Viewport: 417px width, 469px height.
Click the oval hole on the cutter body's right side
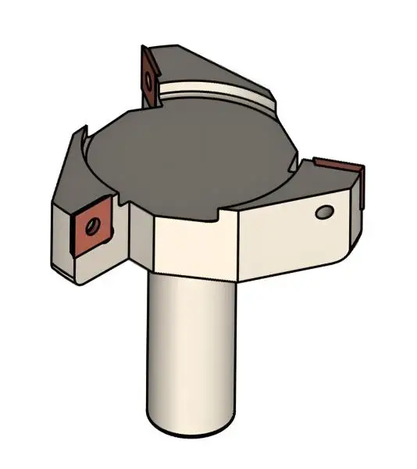[323, 212]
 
